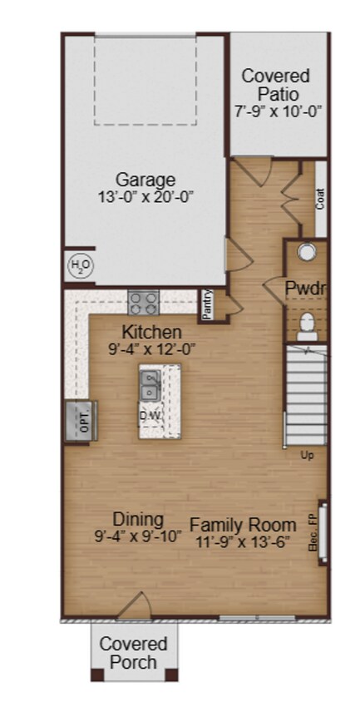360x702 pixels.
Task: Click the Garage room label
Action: (145, 180)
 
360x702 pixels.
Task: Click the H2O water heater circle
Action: (80, 265)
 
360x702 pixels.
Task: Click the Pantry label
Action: (208, 304)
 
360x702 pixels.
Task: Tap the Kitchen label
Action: (152, 333)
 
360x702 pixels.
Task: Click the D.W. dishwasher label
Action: (150, 415)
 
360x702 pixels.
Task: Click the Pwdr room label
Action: (304, 289)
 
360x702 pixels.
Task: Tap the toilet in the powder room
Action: (305, 324)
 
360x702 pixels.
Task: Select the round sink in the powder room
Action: (307, 251)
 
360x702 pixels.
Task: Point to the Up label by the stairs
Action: (307, 455)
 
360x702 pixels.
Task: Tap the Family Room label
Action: (243, 525)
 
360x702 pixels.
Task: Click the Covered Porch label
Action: (133, 653)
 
